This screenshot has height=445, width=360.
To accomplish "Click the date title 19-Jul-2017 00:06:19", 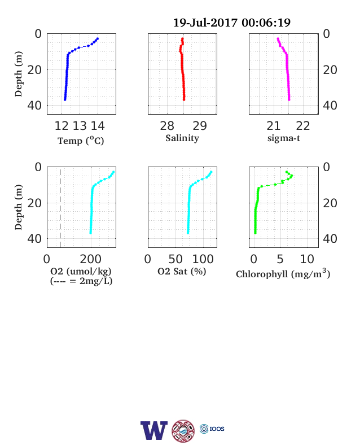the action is tap(231, 23).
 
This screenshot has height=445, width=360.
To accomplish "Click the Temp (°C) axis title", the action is tap(81, 141).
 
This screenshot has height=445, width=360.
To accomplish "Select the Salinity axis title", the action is tap(182, 138).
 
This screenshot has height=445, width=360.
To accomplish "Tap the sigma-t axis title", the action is tap(284, 138).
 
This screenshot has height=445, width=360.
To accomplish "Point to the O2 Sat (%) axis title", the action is tap(182, 271).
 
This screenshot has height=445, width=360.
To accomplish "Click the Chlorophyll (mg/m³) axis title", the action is tap(283, 273).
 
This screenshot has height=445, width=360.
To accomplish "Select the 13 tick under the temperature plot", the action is tap(80, 126).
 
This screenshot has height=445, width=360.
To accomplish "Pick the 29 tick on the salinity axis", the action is tap(200, 126).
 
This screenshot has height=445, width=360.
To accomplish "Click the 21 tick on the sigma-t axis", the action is tap(274, 126).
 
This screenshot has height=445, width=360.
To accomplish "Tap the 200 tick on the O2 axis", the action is tap(91, 259).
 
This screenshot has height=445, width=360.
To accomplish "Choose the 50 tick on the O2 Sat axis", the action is tap(175, 259).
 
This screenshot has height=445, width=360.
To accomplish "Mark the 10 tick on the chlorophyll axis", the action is tap(307, 259).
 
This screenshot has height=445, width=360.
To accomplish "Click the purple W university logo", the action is tap(154, 430).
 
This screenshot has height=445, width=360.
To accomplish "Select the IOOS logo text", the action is tap(217, 429).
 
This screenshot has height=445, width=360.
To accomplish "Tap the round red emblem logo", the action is tap(183, 431).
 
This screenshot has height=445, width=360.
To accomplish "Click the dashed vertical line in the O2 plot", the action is tap(60, 208).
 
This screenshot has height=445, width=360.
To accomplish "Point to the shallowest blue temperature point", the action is tap(98, 38).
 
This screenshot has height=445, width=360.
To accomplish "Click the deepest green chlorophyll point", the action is tap(255, 233).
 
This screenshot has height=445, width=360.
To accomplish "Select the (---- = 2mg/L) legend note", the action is tap(81, 281).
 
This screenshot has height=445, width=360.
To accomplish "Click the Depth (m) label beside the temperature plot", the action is tap(19, 74).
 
